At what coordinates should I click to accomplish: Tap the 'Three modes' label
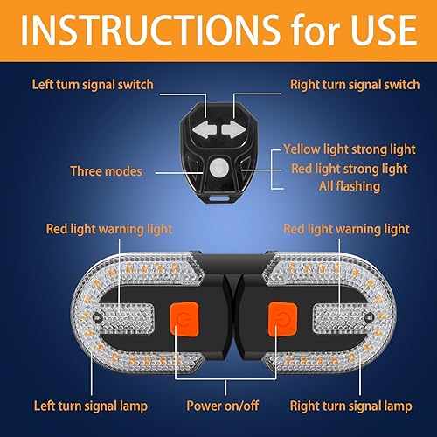tap(106, 170)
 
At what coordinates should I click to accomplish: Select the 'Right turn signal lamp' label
tap(350, 406)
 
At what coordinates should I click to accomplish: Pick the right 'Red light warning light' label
tap(346, 229)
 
